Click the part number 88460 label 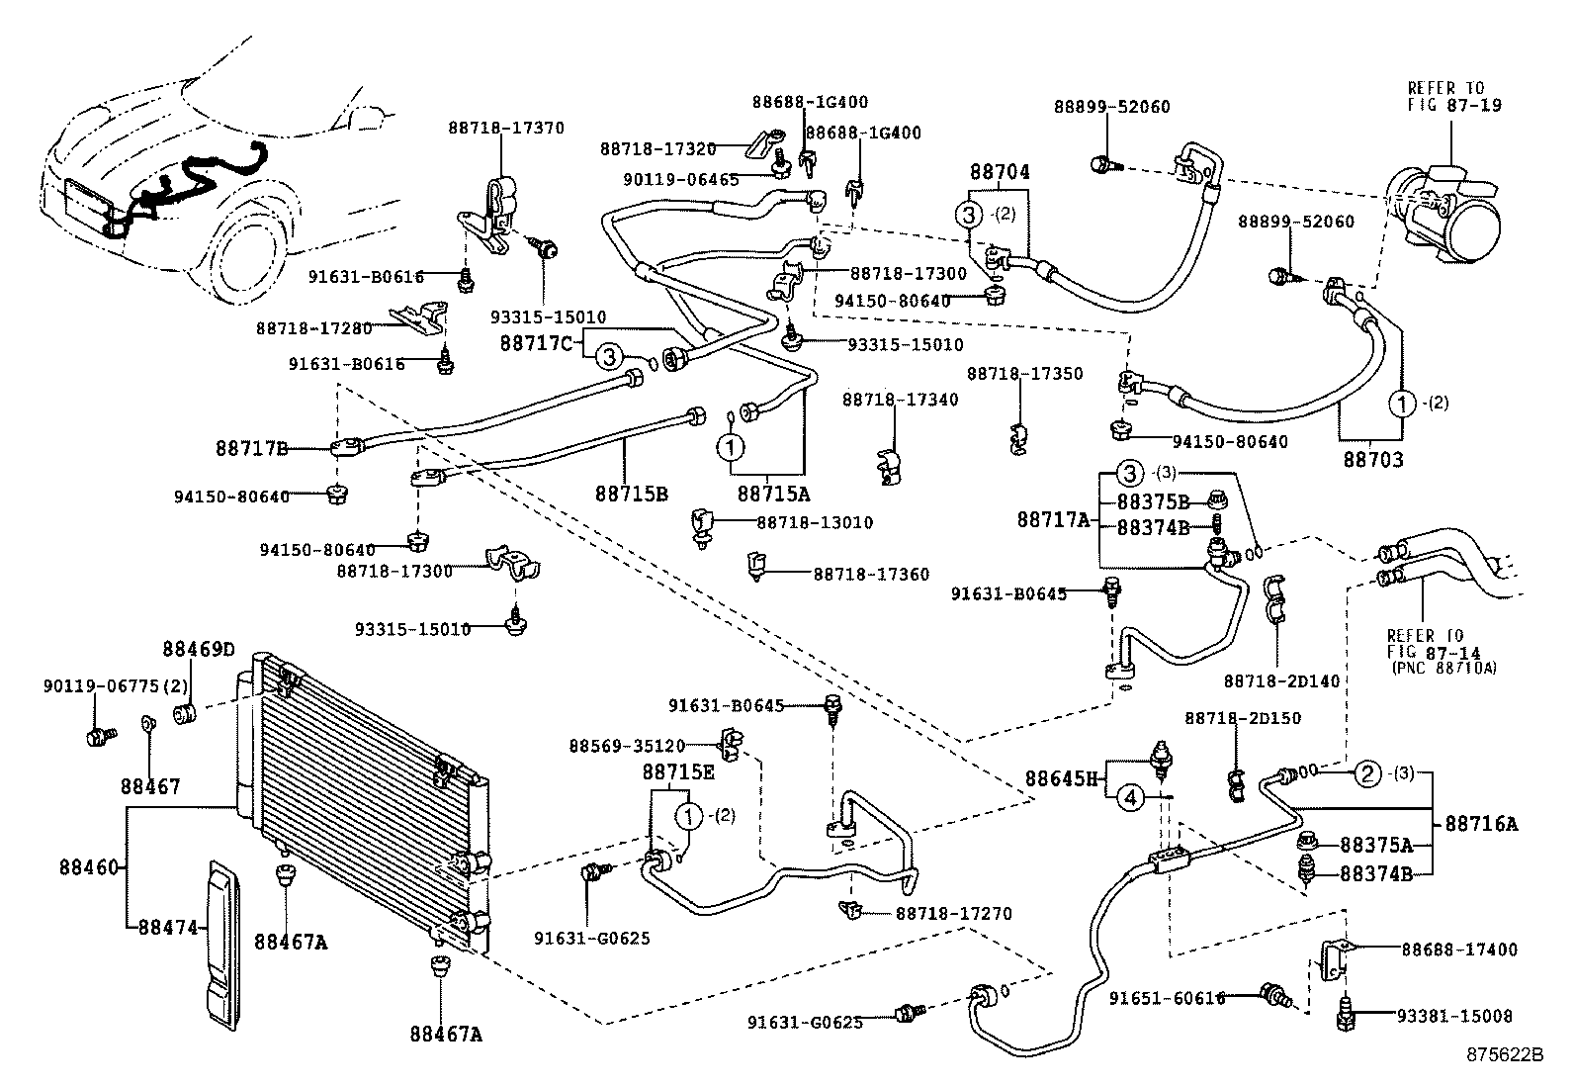(x=88, y=868)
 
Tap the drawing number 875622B (x=1504, y=1054)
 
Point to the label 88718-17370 (x=506, y=128)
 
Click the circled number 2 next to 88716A (x=1367, y=773)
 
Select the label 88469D (x=199, y=650)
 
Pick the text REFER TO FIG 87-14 (x=1424, y=643)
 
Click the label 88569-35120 (x=627, y=745)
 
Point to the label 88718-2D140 (x=1282, y=680)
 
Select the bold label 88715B (x=632, y=493)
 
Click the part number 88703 (x=1373, y=460)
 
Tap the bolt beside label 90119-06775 (x=98, y=736)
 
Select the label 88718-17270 (x=953, y=914)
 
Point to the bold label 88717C (x=536, y=342)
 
